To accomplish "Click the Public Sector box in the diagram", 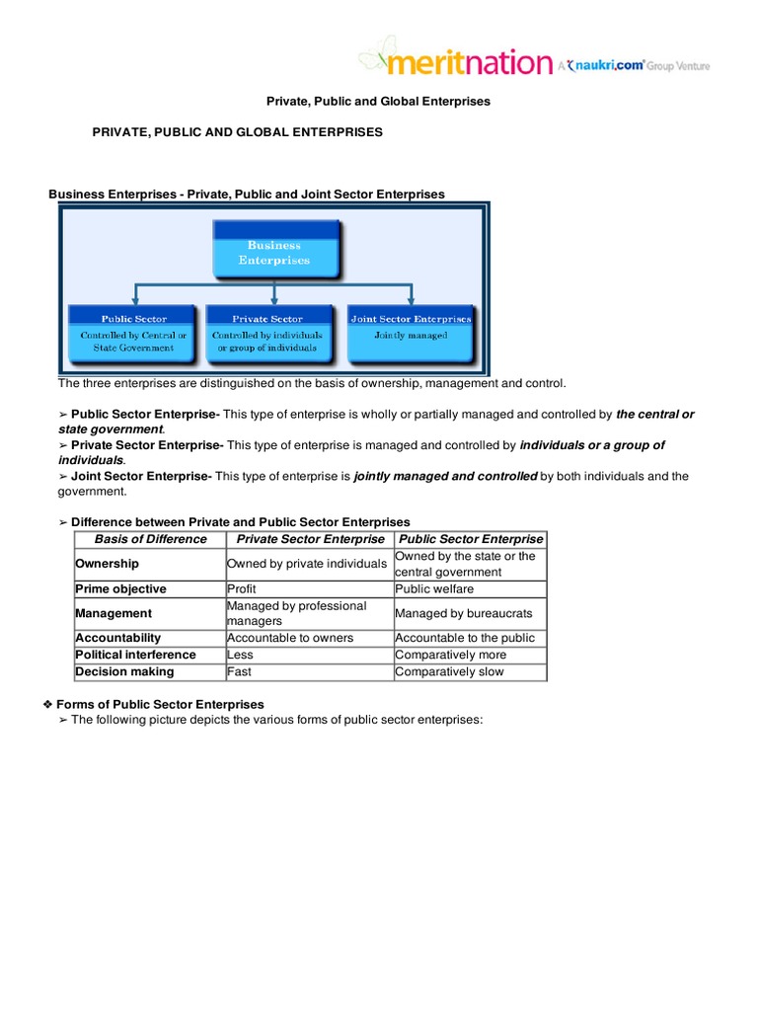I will tap(133, 334).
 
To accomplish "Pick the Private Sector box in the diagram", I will tap(267, 334).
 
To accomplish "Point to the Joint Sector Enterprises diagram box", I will tap(411, 334).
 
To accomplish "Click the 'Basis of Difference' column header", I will tap(150, 539).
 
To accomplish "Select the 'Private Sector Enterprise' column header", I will tap(310, 539).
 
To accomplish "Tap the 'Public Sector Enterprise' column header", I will tap(470, 539).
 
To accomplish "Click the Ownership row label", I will tap(108, 564).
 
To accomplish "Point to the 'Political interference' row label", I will tap(136, 655).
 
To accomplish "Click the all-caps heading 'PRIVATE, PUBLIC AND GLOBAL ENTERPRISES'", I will tap(237, 132).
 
